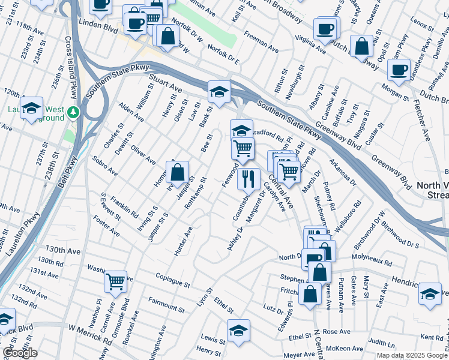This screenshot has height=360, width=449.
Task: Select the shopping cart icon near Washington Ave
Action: tap(115, 281)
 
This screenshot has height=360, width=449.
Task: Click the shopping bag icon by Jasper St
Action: tap(178, 173)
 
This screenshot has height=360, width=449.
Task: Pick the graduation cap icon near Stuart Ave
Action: tap(219, 92)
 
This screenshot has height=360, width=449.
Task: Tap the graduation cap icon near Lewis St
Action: tap(238, 331)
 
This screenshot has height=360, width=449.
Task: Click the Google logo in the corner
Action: tap(19, 352)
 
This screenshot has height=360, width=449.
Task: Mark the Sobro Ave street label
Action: tap(105, 166)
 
